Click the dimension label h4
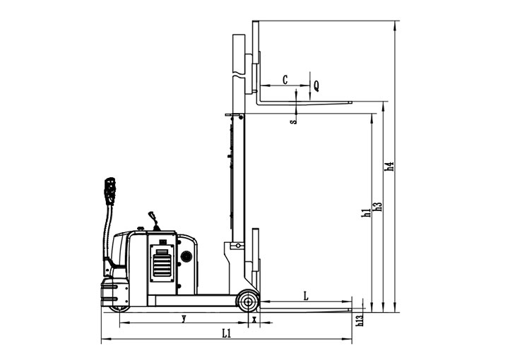tap(389, 166)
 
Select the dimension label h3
tap(378, 206)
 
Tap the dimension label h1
tap(367, 212)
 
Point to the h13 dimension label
tap(360, 320)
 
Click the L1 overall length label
tap(227, 333)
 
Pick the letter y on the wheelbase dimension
tap(184, 318)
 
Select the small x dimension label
tap(254, 319)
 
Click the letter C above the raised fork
tap(285, 80)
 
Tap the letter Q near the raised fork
tap(316, 86)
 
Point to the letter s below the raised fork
tap(294, 121)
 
